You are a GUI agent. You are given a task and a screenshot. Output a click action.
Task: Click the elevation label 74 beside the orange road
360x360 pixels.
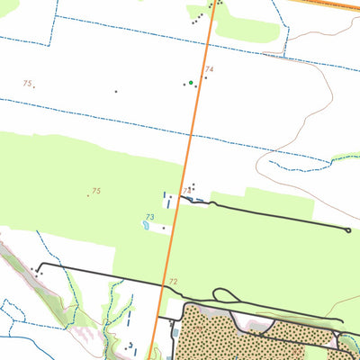[x=209, y=69]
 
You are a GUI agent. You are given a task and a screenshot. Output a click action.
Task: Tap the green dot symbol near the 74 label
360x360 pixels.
[x=191, y=83]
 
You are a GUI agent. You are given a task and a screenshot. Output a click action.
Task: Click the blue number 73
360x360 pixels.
[x=149, y=217]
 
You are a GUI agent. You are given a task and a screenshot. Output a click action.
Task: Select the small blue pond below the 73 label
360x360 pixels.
[x=146, y=226]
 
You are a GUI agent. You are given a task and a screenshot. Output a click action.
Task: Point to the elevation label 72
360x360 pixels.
[x=173, y=282]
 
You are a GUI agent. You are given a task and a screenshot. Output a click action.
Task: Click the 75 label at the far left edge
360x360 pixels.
[x=27, y=83]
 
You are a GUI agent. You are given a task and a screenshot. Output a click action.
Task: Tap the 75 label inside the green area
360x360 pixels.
[x=95, y=191]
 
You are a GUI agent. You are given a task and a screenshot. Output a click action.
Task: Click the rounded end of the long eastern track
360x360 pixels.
[x=347, y=230]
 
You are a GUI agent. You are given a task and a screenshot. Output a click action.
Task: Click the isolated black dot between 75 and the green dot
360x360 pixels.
[x=116, y=90]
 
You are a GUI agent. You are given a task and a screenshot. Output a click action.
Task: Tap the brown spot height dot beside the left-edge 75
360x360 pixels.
[x=34, y=86]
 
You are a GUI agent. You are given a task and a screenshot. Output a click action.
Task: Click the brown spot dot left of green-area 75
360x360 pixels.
[x=88, y=194]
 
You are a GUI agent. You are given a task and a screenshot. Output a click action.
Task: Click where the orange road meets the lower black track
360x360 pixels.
[x=166, y=290]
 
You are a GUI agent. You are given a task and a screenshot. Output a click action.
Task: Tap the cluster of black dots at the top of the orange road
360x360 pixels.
[x=212, y=6]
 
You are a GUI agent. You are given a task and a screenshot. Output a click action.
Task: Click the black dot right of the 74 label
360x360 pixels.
[x=206, y=77]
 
